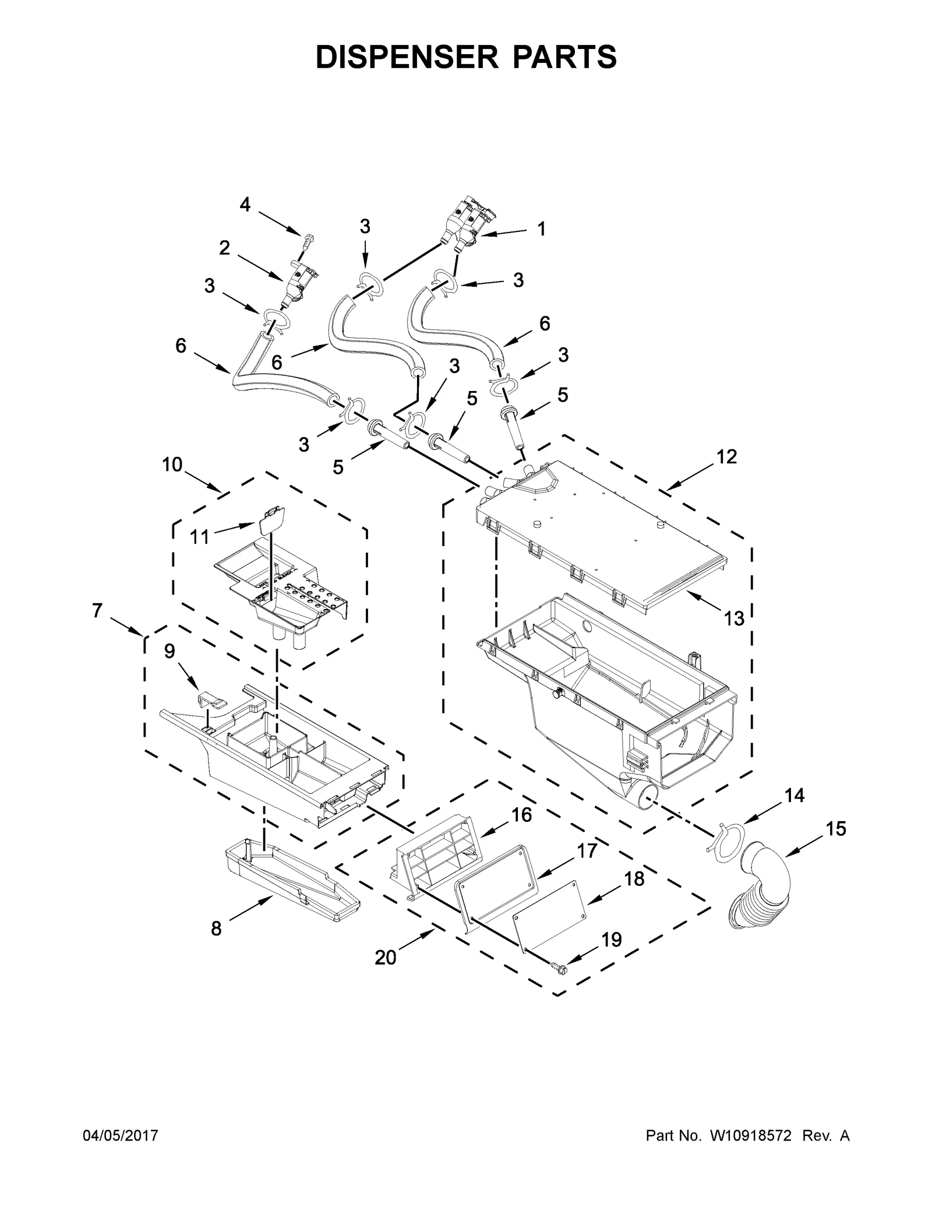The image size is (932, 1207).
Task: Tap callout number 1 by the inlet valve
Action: click(x=541, y=229)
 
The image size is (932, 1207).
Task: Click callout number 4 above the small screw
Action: click(x=245, y=205)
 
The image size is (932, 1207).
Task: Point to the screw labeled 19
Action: click(x=558, y=968)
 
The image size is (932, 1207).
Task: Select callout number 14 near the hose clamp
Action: click(x=795, y=796)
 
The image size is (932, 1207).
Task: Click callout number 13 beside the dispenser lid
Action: click(x=734, y=618)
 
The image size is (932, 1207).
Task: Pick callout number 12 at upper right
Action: click(x=726, y=456)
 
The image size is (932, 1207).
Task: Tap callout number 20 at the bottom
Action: click(x=386, y=956)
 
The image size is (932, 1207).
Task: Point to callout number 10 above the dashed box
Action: click(x=172, y=464)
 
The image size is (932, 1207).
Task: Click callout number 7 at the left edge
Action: click(x=97, y=611)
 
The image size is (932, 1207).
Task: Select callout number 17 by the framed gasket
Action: click(x=588, y=851)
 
